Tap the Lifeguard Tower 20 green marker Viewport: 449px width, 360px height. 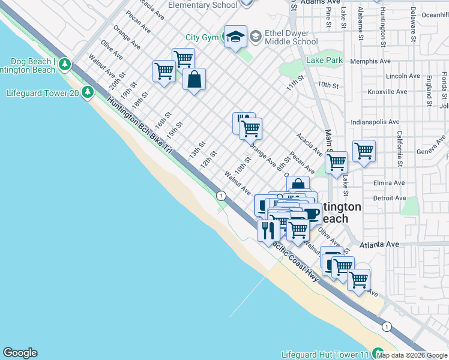tap(88, 92)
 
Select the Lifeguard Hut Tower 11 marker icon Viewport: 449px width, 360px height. tap(378, 353)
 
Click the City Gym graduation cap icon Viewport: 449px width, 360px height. tap(236, 36)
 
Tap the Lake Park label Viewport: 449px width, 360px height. tap(324, 60)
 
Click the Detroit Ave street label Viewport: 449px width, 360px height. tap(390, 197)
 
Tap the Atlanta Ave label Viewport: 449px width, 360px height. tap(379, 244)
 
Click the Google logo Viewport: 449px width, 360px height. tap(20, 353)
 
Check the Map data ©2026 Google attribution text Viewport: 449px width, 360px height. tap(412, 355)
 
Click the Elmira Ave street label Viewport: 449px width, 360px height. tap(390, 182)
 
